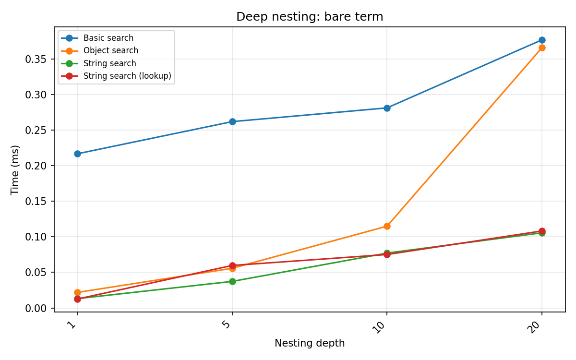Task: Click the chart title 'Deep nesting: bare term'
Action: [310, 17]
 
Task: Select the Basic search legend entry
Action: [108, 38]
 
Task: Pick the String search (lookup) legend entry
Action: [127, 76]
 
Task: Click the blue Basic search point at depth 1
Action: [77, 154]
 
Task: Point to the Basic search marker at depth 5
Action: [232, 121]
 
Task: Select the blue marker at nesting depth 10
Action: [387, 108]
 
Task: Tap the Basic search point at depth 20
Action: [542, 40]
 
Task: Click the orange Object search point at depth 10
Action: [387, 226]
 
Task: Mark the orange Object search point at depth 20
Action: [542, 48]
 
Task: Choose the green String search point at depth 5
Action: [232, 281]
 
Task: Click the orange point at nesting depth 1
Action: [77, 292]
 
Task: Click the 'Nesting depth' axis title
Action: [310, 343]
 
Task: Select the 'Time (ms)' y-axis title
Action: [15, 169]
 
